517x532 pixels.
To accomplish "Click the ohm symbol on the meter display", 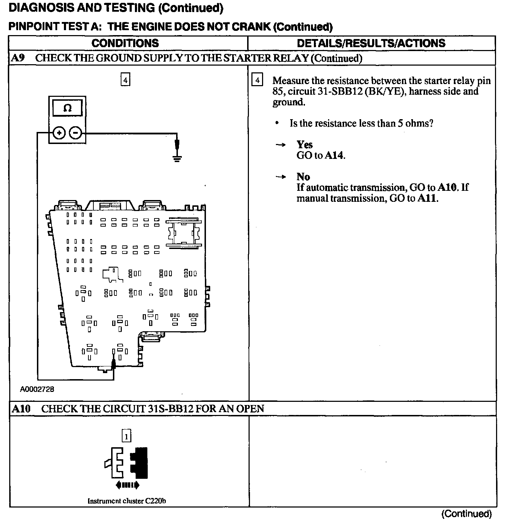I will point(67,108).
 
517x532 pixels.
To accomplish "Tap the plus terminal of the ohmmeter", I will point(59,133).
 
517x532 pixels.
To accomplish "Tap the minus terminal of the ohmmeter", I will point(75,133).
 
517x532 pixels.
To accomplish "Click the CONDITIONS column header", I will point(125,43).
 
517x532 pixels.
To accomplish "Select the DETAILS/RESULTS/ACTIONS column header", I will point(371,43).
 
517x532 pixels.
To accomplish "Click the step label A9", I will point(18,58).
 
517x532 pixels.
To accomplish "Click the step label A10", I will point(21,409).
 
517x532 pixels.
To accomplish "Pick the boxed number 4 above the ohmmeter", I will point(125,80).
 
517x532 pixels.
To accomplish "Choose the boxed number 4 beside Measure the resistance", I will point(257,80).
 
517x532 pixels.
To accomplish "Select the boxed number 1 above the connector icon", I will point(126,436).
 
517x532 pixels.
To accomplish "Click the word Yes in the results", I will point(305,145).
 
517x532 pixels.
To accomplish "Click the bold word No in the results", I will point(303,177).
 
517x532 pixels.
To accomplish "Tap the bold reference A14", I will point(334,155).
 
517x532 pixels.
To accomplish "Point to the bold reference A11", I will point(427,198).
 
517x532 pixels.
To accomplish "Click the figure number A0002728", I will point(37,389).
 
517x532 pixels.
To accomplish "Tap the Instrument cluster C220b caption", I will point(127,501).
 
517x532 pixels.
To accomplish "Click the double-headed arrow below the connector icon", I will point(127,485).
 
